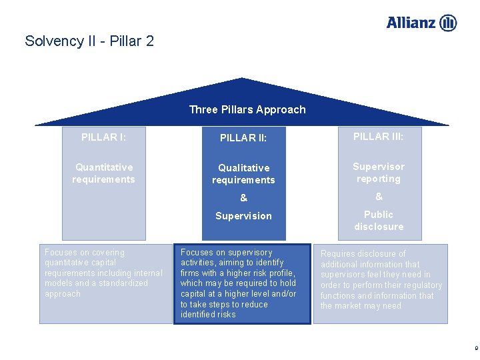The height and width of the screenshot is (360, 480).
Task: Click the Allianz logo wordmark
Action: point(411,23)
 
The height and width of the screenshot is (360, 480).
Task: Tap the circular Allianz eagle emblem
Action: point(449,23)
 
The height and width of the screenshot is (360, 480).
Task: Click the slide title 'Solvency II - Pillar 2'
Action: point(89,41)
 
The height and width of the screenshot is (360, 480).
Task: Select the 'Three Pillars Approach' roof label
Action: point(247,109)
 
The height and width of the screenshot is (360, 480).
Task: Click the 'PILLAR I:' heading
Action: point(103,137)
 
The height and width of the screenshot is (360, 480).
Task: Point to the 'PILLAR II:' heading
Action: point(243,138)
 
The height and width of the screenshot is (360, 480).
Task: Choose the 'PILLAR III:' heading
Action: point(378,137)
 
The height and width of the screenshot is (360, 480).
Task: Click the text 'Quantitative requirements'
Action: point(103,173)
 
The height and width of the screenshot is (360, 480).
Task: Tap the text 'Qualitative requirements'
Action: point(243,174)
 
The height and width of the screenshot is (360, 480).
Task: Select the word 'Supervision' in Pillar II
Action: point(243,216)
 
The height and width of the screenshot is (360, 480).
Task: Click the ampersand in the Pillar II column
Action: point(243,198)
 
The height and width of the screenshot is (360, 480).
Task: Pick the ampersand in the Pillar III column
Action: point(379,197)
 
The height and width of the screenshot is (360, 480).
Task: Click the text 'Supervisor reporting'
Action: point(379,173)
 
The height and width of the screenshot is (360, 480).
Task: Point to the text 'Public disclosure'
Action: point(379,221)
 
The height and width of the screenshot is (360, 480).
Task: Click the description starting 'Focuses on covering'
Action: point(103,273)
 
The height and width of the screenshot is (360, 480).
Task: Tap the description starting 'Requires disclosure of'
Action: point(381,280)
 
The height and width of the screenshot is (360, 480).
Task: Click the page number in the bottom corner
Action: point(475,347)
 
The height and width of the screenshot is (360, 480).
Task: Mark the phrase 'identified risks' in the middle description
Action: point(208,315)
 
